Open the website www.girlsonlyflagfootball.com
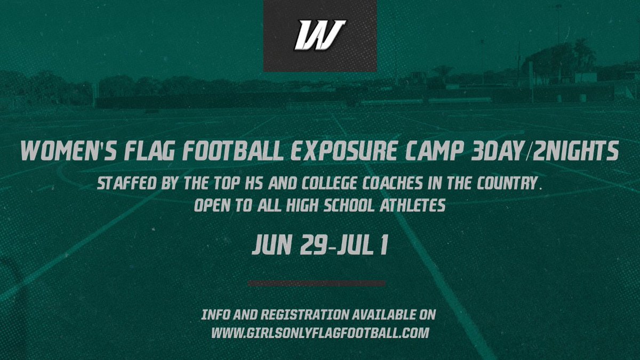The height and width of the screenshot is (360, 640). click(x=320, y=333)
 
